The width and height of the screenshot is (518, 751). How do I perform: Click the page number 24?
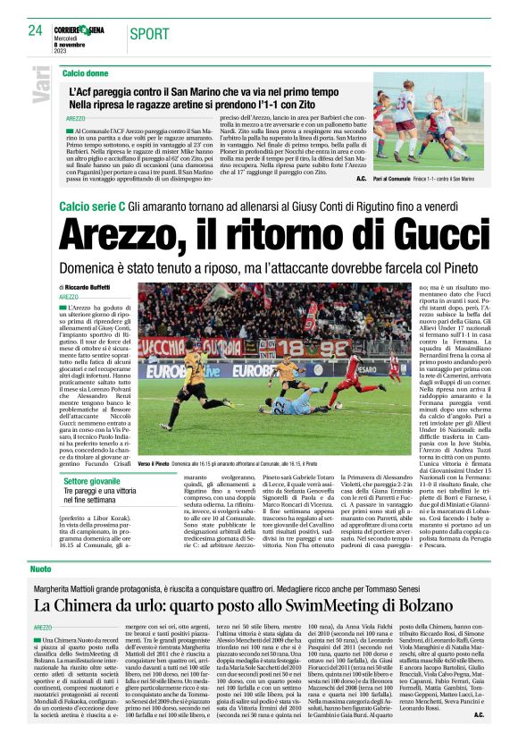tap(36, 30)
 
